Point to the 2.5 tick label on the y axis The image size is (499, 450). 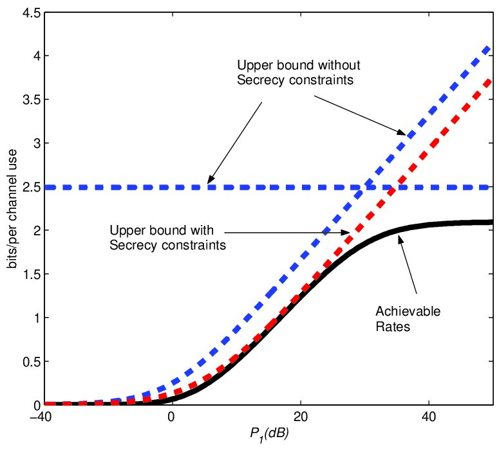click(x=31, y=187)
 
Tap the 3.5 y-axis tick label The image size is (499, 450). click(x=31, y=100)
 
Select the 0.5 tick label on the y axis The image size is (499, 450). click(x=31, y=362)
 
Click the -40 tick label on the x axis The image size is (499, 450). click(x=40, y=417)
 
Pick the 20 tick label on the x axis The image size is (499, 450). click(x=301, y=417)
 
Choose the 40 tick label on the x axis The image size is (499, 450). click(x=428, y=417)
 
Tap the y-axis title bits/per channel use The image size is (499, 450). click(x=12, y=209)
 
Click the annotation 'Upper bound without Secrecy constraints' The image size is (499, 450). click(x=299, y=73)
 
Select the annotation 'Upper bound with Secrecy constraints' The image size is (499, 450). click(x=167, y=238)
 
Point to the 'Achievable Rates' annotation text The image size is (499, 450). click(x=408, y=319)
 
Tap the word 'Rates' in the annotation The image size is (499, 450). click(x=393, y=327)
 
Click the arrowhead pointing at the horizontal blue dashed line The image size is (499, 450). click(x=209, y=181)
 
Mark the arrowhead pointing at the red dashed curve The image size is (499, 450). click(x=346, y=233)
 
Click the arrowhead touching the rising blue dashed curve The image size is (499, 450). click(x=402, y=132)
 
